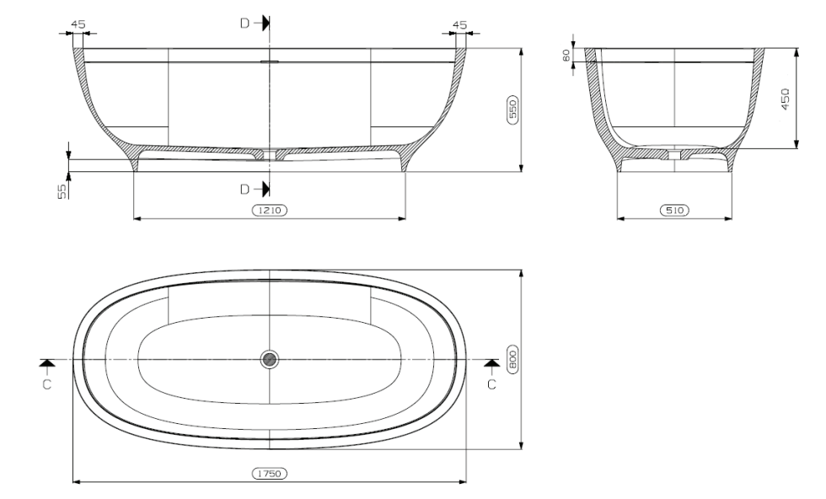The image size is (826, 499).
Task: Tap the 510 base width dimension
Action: [x=673, y=211]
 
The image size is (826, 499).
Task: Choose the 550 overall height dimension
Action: [x=511, y=110]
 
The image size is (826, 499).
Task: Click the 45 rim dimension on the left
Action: [x=78, y=24]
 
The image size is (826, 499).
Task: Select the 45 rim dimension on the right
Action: [x=459, y=24]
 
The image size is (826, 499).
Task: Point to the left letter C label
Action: [x=47, y=384]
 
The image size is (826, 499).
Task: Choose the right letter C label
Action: [x=492, y=384]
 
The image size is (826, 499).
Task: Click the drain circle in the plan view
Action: [x=269, y=359]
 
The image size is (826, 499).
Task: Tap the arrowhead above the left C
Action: [x=47, y=362]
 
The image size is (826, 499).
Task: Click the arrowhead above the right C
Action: [x=492, y=362]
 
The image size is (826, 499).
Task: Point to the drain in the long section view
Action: [x=269, y=154]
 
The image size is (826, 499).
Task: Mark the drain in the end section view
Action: [x=673, y=154]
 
